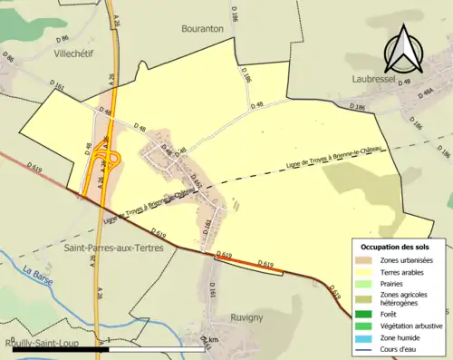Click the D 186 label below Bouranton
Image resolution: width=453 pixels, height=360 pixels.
(245, 80)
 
